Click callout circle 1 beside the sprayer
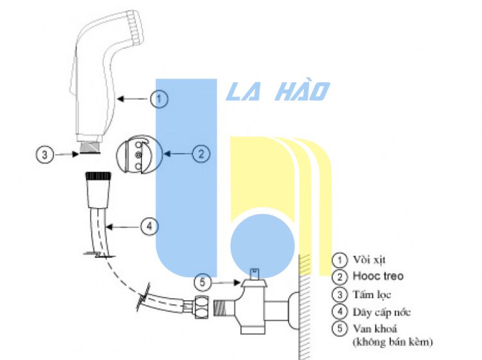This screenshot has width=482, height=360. click(160, 99)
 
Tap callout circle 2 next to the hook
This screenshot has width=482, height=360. click(201, 154)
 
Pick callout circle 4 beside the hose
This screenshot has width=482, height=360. click(148, 226)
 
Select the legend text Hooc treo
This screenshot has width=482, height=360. click(379, 276)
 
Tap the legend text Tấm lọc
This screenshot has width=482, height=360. click(371, 294)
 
